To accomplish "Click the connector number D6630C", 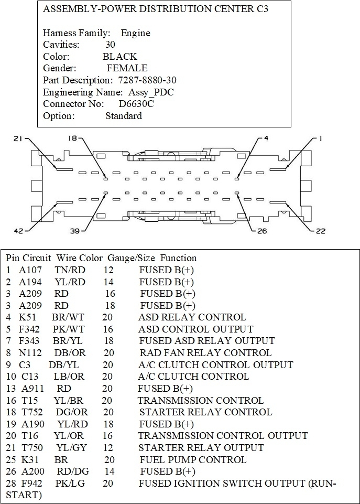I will [x=136, y=104].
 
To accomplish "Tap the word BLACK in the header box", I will [x=120, y=57].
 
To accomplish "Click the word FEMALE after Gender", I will [x=127, y=68].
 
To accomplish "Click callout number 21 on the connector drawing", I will [x=19, y=138].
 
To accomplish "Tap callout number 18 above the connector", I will [x=72, y=138].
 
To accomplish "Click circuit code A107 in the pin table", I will [x=30, y=270].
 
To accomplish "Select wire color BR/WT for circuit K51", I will [x=65, y=317].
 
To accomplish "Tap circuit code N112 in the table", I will [x=30, y=353].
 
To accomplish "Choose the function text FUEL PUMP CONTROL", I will [x=192, y=459].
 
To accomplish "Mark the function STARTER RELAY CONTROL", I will [x=205, y=412].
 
